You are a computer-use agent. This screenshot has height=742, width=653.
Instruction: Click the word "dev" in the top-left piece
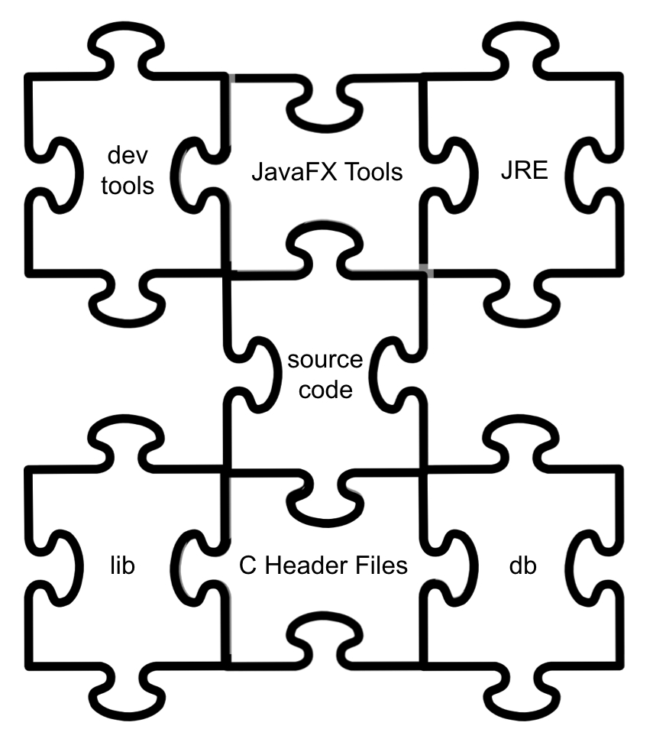(127, 158)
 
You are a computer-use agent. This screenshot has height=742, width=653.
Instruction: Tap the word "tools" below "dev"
(127, 186)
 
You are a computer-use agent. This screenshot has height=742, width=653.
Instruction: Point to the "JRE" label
(524, 170)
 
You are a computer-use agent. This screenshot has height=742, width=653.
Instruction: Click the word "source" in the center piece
(325, 361)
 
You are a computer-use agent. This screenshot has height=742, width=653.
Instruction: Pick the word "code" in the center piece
(325, 390)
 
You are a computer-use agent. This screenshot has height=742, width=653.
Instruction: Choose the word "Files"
(382, 566)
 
